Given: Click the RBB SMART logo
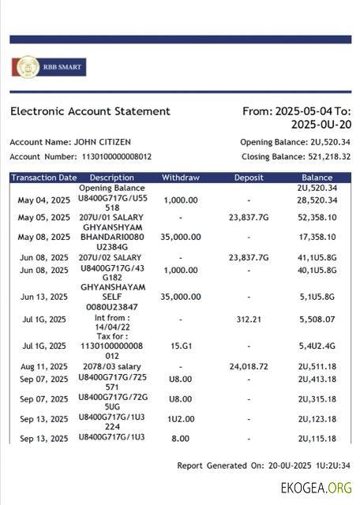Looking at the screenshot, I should [48, 67].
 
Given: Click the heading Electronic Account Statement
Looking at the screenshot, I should [90, 111].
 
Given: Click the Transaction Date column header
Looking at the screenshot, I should [44, 178].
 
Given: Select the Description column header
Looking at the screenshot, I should [112, 178].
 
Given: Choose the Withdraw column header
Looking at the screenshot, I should [181, 178].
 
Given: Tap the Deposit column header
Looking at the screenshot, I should [249, 178].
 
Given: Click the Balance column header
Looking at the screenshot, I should [317, 178].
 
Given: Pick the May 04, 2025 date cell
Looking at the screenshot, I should [44, 200].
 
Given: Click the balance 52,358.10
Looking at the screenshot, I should [317, 217].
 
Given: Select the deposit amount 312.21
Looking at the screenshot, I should [249, 320].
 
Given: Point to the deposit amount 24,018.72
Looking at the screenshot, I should [249, 367].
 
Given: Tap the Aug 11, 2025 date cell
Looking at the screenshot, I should [44, 367].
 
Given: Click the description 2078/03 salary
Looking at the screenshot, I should [112, 367].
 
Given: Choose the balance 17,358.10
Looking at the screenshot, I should [317, 237].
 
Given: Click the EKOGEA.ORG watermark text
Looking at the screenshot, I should [316, 488].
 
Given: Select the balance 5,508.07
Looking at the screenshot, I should [317, 320].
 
